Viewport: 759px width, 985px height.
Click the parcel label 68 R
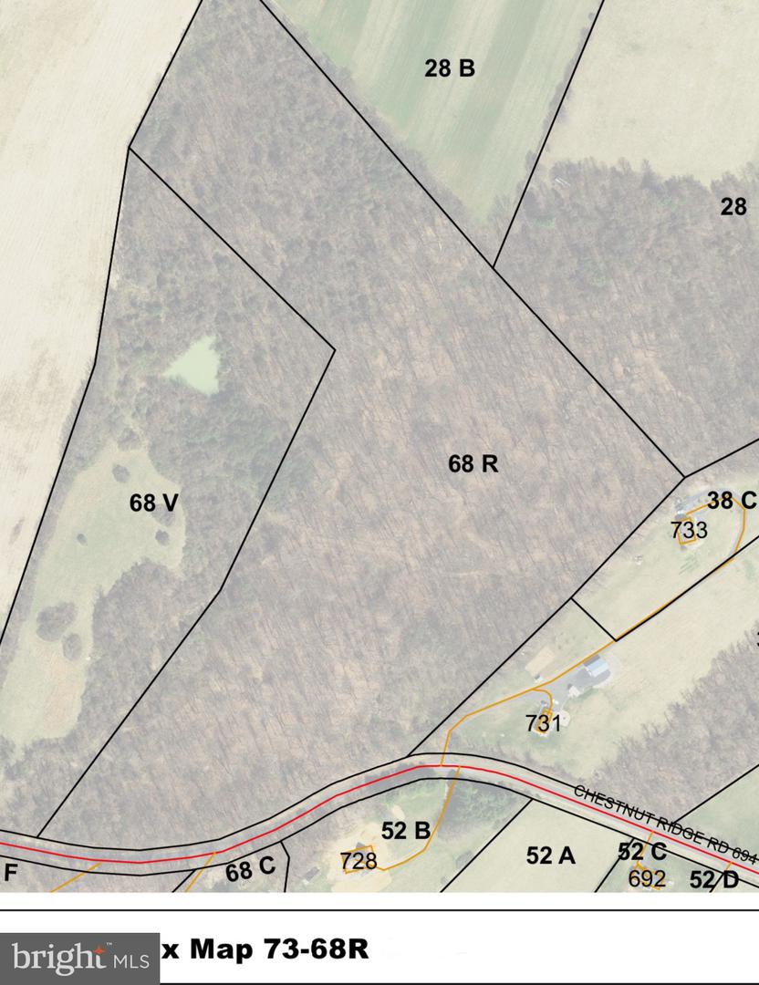[x=473, y=464]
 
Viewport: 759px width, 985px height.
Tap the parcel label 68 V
[x=152, y=503]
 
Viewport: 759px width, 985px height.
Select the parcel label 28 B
[x=450, y=68]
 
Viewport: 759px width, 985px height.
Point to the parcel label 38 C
[x=732, y=500]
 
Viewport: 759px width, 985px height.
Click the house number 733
[x=689, y=529]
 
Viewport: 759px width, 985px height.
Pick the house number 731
[x=543, y=724]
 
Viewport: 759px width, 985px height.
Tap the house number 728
[x=359, y=860]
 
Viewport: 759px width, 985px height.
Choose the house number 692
[x=647, y=878]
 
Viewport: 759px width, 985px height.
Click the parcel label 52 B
[x=406, y=831]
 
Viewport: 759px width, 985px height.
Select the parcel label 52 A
[x=551, y=855]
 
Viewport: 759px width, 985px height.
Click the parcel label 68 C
[x=250, y=869]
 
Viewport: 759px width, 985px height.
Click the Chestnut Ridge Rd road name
[x=666, y=820]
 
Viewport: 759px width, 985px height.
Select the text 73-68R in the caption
[x=314, y=949]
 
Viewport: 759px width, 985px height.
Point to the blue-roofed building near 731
[x=594, y=669]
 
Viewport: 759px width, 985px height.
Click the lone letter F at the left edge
[x=11, y=872]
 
